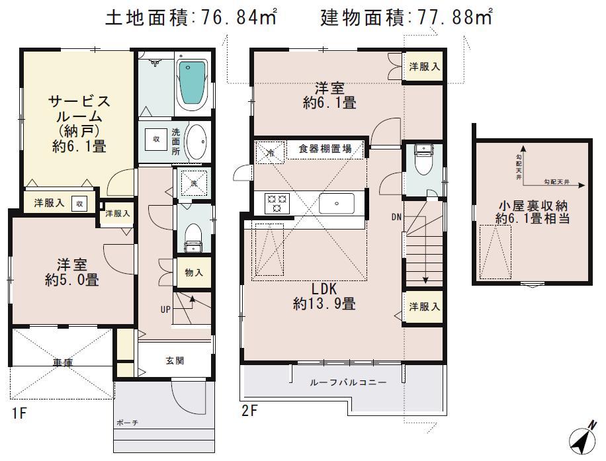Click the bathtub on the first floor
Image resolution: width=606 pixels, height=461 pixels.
[193, 85]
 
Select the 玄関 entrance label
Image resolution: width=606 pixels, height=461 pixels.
[175, 360]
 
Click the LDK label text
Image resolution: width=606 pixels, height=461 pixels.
[325, 289]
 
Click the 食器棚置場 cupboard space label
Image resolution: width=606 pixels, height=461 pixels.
[325, 149]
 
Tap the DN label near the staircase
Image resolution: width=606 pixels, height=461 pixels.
[396, 216]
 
